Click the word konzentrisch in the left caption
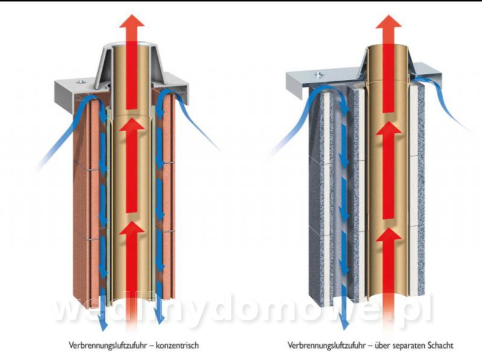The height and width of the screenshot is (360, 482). pos(177,346)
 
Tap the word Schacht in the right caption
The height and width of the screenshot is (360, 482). pos(440,346)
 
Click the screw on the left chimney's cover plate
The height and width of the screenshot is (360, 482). pos(81,81)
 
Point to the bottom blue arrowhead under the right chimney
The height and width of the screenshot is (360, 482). pos(345,324)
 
